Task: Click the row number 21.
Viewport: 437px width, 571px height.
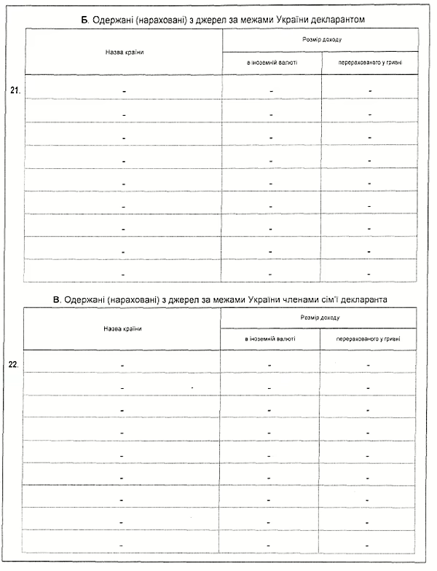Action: click(x=15, y=90)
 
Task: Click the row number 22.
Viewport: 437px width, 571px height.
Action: click(x=13, y=363)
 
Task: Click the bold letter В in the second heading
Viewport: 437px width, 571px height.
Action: click(x=56, y=299)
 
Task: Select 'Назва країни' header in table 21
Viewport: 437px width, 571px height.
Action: click(x=123, y=51)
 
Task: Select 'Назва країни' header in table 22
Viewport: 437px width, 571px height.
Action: click(x=122, y=328)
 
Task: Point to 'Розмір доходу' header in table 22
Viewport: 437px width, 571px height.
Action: click(x=320, y=318)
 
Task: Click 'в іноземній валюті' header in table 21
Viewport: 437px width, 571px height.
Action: click(x=272, y=63)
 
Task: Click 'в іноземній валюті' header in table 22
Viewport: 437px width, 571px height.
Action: click(x=269, y=339)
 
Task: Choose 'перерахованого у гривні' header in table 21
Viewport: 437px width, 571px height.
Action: click(x=370, y=63)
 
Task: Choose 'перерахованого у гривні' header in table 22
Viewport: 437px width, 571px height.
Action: click(x=368, y=339)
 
